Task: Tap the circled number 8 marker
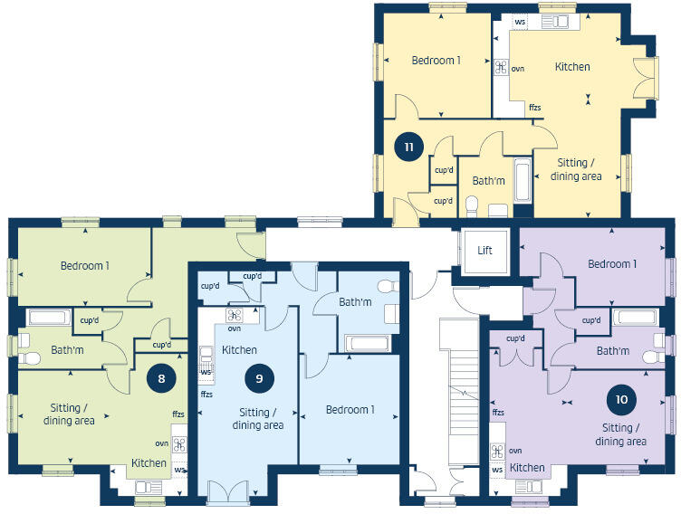click(x=161, y=379)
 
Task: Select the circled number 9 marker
click(x=259, y=379)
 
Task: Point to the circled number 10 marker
click(x=620, y=397)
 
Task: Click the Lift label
click(x=484, y=250)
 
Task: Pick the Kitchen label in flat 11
click(x=572, y=66)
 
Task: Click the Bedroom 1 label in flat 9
click(x=350, y=410)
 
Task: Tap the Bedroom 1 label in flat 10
click(x=612, y=264)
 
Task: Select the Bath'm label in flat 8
click(x=68, y=349)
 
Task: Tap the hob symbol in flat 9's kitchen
click(x=235, y=316)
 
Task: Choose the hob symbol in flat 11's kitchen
click(x=500, y=67)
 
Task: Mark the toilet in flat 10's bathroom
click(x=650, y=358)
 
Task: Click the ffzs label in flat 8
click(x=178, y=414)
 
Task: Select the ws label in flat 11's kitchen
click(x=520, y=22)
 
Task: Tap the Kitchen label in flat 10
click(x=526, y=468)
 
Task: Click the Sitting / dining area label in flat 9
click(x=258, y=419)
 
